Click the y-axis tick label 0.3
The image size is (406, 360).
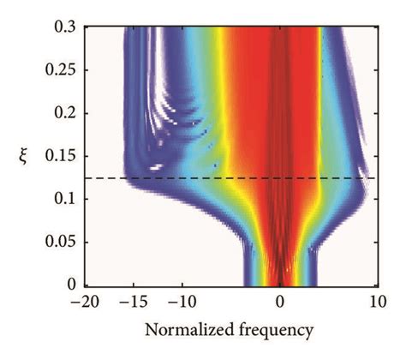click(61, 27)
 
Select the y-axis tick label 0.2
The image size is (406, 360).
click(61, 113)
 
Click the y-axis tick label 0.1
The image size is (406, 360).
click(61, 199)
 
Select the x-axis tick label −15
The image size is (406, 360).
click(131, 301)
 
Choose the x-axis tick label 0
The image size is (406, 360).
click(279, 301)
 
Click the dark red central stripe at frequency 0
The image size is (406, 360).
click(279, 129)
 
